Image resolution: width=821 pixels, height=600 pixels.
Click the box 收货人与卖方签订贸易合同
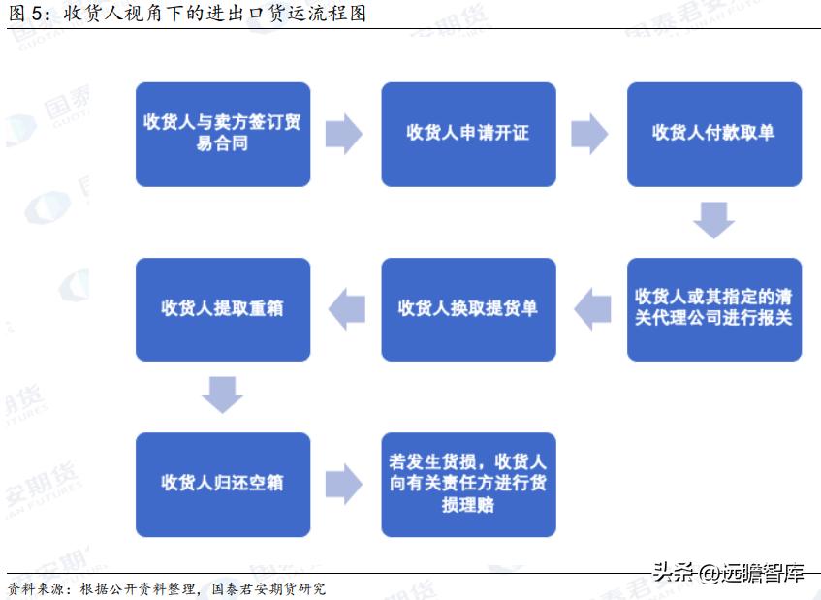pos(222,134)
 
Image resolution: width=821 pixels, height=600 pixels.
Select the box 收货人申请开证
pos(468,134)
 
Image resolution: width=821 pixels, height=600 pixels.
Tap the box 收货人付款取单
pos(713,134)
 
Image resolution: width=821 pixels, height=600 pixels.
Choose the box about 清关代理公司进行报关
pos(713,308)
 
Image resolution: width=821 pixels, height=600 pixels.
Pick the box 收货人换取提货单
pos(468,308)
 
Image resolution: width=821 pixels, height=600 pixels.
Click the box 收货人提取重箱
pos(222,308)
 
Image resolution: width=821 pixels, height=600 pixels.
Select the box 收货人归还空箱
pos(222,483)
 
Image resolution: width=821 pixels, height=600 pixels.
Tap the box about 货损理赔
pos(468,483)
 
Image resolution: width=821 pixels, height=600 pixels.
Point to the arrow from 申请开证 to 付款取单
pos(589,134)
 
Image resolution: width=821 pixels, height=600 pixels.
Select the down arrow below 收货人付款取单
pos(713,220)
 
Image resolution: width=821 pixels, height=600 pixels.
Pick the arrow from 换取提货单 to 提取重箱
pos(346,308)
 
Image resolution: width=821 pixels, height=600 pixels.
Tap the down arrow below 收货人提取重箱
pos(222,395)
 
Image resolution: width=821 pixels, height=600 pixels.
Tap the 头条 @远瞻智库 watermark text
pos(728,572)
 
